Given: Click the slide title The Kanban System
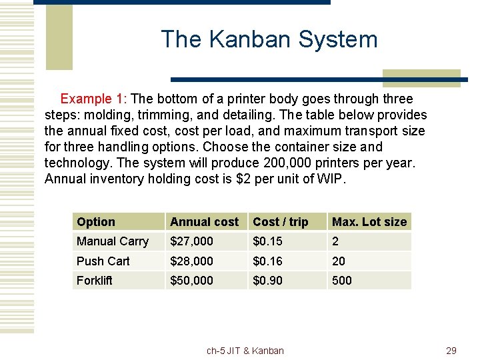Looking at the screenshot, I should pyautogui.click(x=269, y=39).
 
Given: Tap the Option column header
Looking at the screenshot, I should pyautogui.click(x=96, y=222).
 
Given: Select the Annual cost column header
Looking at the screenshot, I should pyautogui.click(x=204, y=222).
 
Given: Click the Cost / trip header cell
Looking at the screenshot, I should pyautogui.click(x=281, y=222).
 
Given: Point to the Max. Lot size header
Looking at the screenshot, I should pyautogui.click(x=369, y=222).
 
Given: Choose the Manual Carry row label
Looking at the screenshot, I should pyautogui.click(x=113, y=241).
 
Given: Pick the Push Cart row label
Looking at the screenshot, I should pyautogui.click(x=103, y=261).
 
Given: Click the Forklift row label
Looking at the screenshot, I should pyautogui.click(x=95, y=281).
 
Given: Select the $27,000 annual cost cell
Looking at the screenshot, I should pyautogui.click(x=192, y=241).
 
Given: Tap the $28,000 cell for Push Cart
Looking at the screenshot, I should pyautogui.click(x=192, y=261).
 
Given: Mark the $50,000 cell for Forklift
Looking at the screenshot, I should pyautogui.click(x=192, y=281).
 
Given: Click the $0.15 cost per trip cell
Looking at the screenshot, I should pyautogui.click(x=268, y=241).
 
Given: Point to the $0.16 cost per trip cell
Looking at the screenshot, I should pyautogui.click(x=268, y=261).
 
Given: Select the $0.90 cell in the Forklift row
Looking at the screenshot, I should pyautogui.click(x=268, y=281).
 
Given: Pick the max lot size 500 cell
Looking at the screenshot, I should pyautogui.click(x=342, y=281).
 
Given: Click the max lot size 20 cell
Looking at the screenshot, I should pyautogui.click(x=339, y=261).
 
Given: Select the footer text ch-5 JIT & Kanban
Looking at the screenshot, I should pyautogui.click(x=245, y=351).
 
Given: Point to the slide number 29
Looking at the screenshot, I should pyautogui.click(x=451, y=351).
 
